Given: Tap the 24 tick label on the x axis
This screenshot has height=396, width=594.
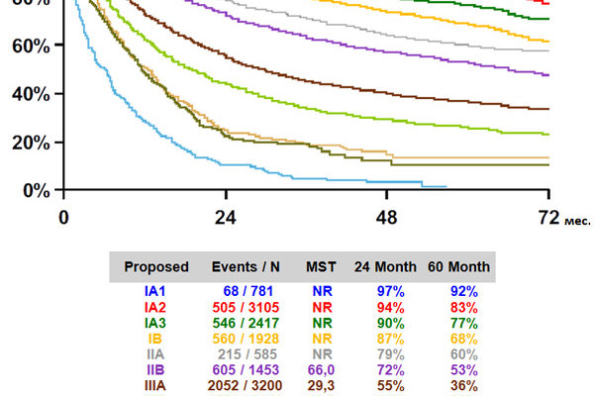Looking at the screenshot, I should tap(226, 217).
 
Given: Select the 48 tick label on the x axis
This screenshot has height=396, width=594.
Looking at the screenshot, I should tap(387, 217).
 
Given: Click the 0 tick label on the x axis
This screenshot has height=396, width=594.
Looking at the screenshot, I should tap(64, 217).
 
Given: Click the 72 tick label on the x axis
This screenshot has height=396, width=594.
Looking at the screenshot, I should tap(549, 217).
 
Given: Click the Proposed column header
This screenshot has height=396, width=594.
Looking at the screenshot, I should tap(155, 267).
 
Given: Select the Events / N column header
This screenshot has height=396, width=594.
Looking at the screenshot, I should tap(246, 267).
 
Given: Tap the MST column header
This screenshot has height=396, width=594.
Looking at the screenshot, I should tap(322, 267).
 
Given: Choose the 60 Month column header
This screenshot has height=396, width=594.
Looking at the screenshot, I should tap(458, 267).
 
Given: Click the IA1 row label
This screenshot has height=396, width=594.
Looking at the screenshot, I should tap(155, 291).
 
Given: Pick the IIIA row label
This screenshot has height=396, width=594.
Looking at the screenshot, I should tap(155, 385).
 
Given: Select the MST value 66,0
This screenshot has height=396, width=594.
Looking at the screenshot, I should tap(322, 369).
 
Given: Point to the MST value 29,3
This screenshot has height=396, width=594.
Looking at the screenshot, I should tap(322, 385).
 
